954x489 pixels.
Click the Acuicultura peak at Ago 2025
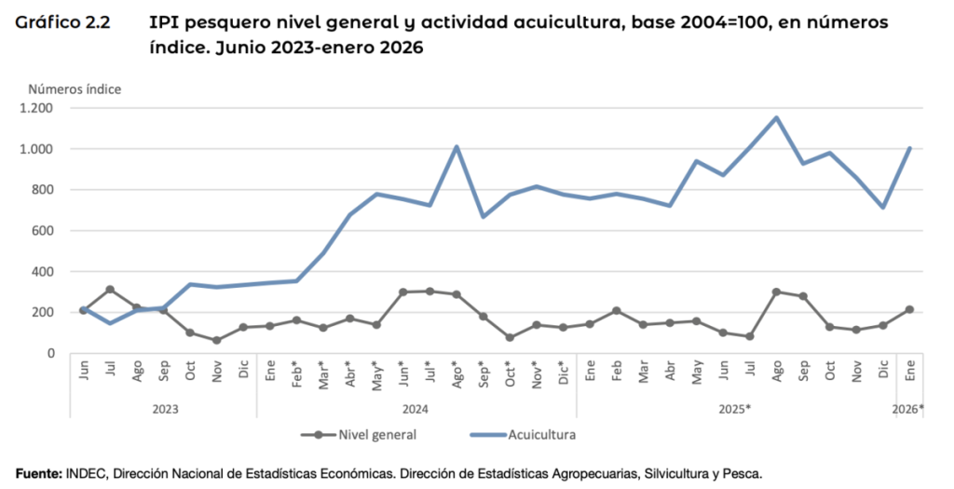pyautogui.click(x=776, y=117)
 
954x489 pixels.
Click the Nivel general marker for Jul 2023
pyautogui.click(x=110, y=290)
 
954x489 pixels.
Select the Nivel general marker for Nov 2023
pyautogui.click(x=217, y=340)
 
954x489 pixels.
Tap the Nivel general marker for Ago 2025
pyautogui.click(x=776, y=292)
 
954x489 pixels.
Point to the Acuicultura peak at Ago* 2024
pyautogui.click(x=457, y=146)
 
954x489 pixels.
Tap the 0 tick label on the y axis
pyautogui.click(x=50, y=353)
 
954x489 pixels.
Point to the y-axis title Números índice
pyautogui.click(x=75, y=89)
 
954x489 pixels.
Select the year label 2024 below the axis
pyautogui.click(x=416, y=409)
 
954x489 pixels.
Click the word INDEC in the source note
pyautogui.click(x=87, y=473)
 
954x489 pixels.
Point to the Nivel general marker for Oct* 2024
pyautogui.click(x=510, y=337)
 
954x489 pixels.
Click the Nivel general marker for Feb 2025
pyautogui.click(x=617, y=310)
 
